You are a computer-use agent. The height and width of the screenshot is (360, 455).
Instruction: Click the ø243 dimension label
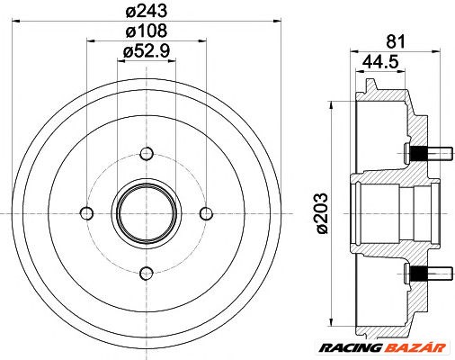[x=147, y=12]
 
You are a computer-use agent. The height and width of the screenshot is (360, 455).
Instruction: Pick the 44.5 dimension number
[x=383, y=62]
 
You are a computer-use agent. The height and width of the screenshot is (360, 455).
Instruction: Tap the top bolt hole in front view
[x=146, y=152]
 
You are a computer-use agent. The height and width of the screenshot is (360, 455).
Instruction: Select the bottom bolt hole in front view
[x=146, y=273]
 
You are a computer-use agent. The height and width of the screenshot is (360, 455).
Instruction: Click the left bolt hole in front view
[x=86, y=212]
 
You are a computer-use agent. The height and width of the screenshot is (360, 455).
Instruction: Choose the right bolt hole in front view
[x=206, y=212]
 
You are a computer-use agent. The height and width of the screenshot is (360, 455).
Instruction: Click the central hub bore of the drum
[x=146, y=212]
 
